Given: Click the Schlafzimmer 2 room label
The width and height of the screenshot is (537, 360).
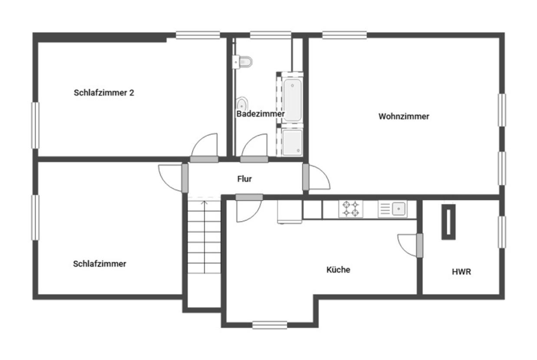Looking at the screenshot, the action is tap(104, 93).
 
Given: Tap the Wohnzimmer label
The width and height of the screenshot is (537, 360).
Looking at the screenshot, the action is tap(404, 116).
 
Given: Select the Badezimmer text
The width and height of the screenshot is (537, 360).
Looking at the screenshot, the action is tap(260, 114).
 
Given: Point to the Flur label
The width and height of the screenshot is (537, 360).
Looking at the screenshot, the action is tap(244, 179).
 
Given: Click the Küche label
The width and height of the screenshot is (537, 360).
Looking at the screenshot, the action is tap(338, 270).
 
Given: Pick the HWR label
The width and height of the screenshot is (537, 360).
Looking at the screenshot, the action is tap(461, 272).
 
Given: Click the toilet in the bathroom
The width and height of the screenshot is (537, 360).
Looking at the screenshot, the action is tap(242, 62).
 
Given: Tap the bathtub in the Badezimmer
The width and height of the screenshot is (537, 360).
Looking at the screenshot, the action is tap(292, 100).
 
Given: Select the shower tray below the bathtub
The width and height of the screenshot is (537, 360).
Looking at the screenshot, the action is tap(292, 142).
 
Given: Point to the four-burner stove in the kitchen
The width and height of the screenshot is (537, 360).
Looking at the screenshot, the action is tap(350, 209).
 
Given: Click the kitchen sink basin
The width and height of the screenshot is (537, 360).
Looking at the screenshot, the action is tap(399, 209).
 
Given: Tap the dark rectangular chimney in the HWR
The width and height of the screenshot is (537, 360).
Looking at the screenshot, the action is tap(448, 222).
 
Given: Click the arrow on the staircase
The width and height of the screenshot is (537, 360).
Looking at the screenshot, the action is tap(204, 237).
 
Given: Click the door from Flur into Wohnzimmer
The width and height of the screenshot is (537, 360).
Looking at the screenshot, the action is tap(316, 177).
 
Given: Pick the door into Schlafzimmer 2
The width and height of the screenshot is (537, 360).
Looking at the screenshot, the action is tap(204, 148).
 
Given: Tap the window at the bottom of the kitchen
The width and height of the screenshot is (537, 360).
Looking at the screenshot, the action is tap(270, 325).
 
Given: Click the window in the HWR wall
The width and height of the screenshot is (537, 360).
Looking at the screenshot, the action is tap(502, 232).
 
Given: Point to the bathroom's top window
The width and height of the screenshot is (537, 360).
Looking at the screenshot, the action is tap(270, 35).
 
